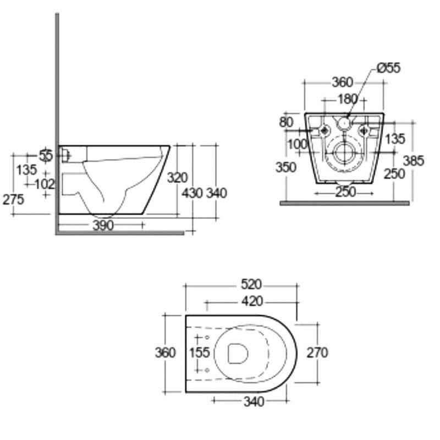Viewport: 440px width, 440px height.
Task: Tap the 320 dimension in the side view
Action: [x=178, y=177]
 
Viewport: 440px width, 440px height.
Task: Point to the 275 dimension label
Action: [x=13, y=200]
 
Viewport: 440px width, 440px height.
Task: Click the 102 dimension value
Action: [x=45, y=184]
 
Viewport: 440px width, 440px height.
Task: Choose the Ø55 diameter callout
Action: [x=388, y=68]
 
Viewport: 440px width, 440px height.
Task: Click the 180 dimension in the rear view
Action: [x=348, y=99]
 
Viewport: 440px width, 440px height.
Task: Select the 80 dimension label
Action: [x=287, y=122]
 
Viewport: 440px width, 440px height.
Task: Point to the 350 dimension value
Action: [x=287, y=167]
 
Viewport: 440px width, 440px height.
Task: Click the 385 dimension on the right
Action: [x=414, y=161]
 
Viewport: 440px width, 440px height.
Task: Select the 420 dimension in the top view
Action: [x=251, y=301]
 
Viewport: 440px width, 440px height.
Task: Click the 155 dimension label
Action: [x=199, y=352]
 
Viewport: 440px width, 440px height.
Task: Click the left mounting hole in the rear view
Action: [x=324, y=130]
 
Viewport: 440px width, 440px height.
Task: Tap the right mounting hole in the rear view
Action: [x=364, y=130]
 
